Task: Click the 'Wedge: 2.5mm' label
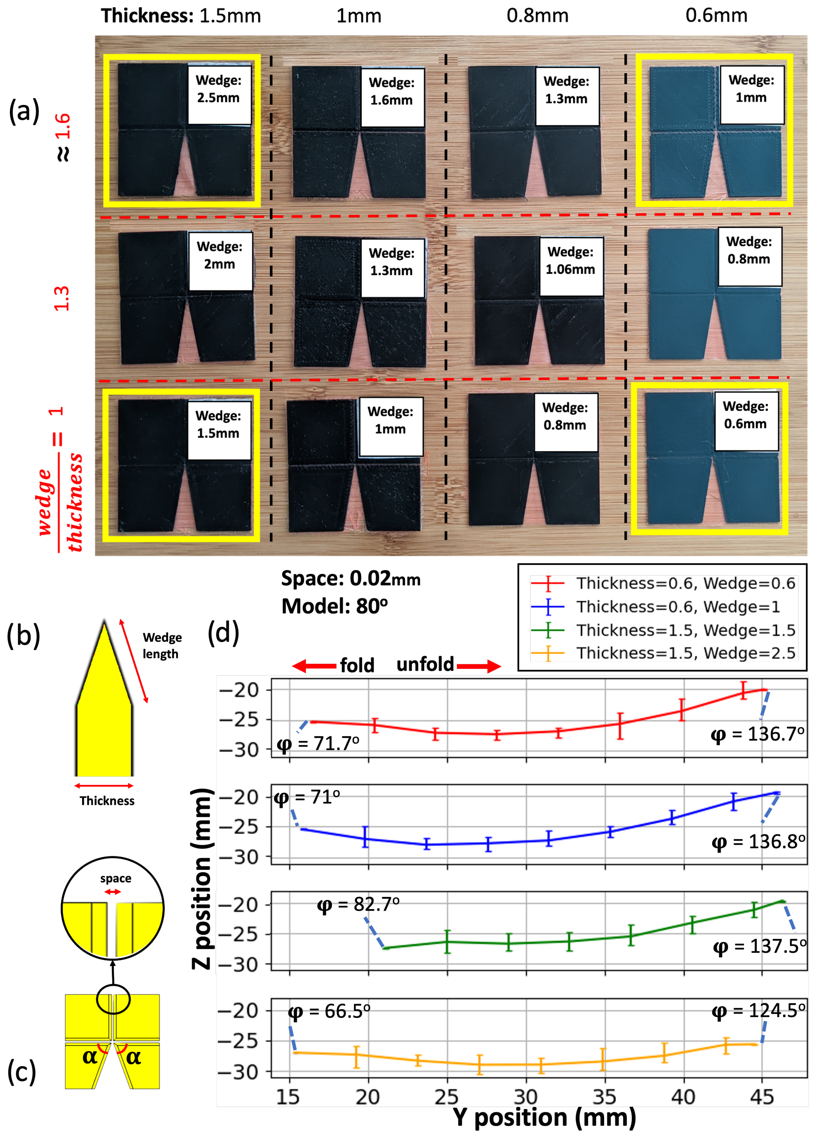coord(218,89)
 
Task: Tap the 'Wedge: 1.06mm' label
coord(570,261)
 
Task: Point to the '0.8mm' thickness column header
coord(537,16)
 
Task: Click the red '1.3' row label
coord(61,299)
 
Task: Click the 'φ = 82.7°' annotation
coord(358,904)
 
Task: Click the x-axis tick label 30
coord(526,1097)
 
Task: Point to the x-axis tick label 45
coord(762,1097)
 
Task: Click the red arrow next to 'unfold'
coord(478,666)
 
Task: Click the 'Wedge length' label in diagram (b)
coord(162,646)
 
